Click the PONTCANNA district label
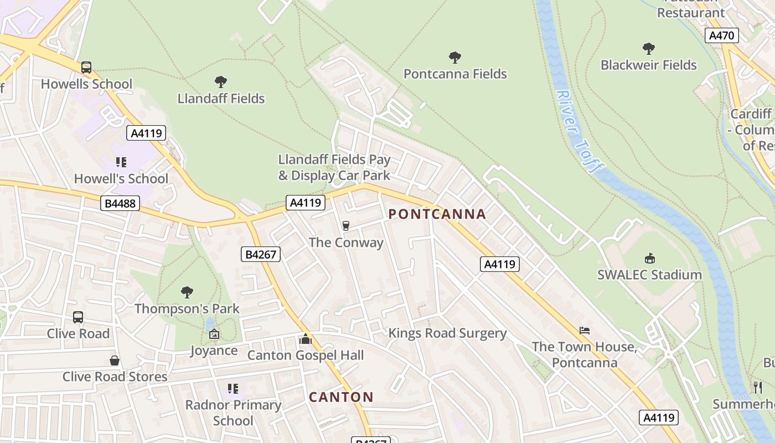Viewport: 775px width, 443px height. coord(437,214)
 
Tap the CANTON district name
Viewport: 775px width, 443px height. coord(341,397)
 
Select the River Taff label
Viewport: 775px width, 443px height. coord(578,132)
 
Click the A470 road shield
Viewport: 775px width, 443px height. coord(722,36)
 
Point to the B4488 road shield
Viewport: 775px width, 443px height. coord(120,203)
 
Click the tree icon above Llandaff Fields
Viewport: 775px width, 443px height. coord(221,82)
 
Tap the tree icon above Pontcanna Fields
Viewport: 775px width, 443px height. coord(455,57)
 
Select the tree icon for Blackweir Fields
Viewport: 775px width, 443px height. coord(649,49)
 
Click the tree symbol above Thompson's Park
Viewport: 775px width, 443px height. coord(187,292)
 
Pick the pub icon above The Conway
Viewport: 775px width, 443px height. coord(346,225)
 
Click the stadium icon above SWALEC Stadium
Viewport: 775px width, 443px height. coord(649,258)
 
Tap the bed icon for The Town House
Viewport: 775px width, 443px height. coord(584,331)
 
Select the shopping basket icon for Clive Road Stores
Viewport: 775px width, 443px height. coord(115,360)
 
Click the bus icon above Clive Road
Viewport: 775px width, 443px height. coord(78,317)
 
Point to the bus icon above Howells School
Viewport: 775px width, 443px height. coord(86,68)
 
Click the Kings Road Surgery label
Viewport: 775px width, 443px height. coord(447,333)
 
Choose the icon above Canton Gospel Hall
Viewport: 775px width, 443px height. coord(305,339)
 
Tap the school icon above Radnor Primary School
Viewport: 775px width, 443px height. coord(233,389)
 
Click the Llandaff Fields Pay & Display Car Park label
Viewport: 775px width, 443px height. coord(334,168)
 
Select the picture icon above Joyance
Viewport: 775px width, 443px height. coord(214,334)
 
